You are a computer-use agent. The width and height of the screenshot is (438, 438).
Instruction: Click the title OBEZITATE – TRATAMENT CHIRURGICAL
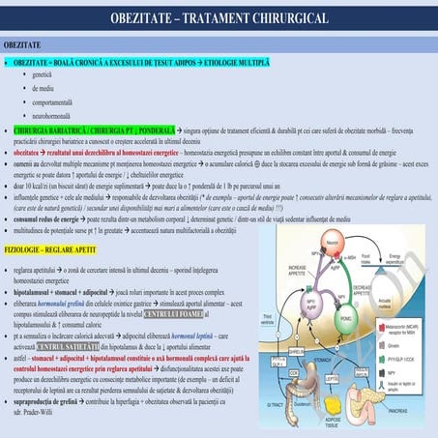click(x=219, y=18)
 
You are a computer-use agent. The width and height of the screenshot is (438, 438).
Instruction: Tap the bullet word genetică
click(x=43, y=74)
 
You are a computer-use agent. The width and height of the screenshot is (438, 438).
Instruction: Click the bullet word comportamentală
click(x=53, y=102)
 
